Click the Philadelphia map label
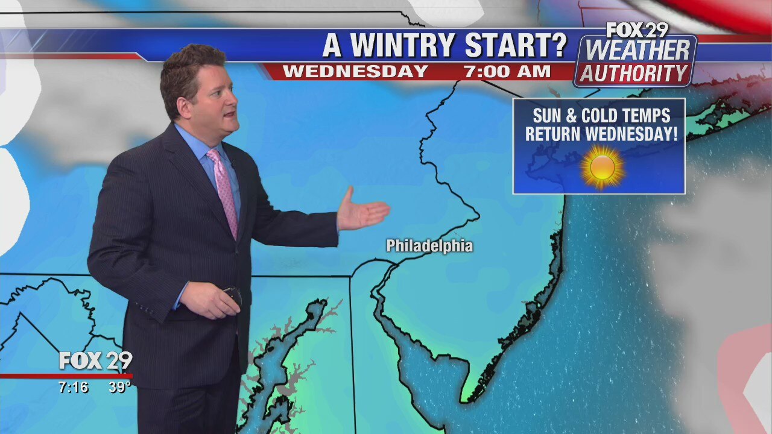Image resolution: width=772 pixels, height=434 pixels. pos(429,246)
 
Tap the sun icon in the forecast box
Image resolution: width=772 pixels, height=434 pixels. pos(602,167)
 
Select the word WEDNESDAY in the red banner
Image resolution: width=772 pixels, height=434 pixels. pos(355,72)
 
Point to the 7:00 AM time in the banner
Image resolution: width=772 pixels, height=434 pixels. pos(507,72)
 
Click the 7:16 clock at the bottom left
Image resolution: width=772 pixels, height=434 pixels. pos(74,388)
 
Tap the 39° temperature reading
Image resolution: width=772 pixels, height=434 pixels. pos(119,388)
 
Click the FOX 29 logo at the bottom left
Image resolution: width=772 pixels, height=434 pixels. pos(95,361)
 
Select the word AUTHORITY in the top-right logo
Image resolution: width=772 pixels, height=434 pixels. pos(633,74)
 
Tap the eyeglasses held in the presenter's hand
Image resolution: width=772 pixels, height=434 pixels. pos(234,295)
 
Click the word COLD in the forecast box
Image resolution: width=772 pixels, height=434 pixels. pos(604,116)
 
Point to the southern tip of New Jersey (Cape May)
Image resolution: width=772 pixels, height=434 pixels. pos(465,398)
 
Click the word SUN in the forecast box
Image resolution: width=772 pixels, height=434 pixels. pos(548,116)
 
